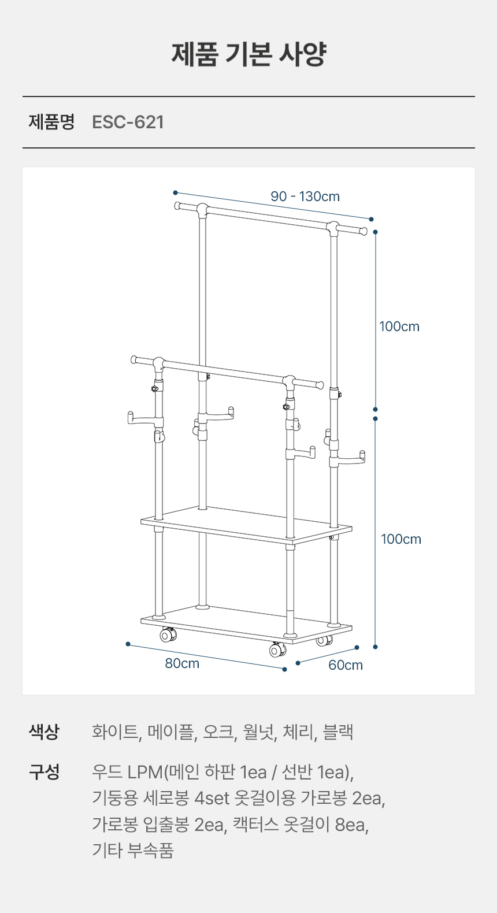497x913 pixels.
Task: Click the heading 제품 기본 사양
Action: (x=248, y=54)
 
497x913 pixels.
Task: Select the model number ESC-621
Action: (x=128, y=122)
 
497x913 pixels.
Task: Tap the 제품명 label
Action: (x=51, y=122)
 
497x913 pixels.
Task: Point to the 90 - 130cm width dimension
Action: (x=305, y=196)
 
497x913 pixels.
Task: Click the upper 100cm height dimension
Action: (x=399, y=326)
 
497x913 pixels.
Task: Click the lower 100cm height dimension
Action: (x=401, y=539)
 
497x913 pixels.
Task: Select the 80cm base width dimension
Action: (x=182, y=663)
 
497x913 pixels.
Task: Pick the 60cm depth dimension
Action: (x=346, y=665)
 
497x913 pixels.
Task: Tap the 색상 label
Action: (x=44, y=732)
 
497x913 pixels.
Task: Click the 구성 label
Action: (x=44, y=772)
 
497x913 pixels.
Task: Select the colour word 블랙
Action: (x=337, y=732)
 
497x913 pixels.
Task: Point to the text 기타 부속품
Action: (x=133, y=851)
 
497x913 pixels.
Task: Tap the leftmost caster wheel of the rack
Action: (x=168, y=634)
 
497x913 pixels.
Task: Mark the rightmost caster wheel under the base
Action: (x=324, y=641)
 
